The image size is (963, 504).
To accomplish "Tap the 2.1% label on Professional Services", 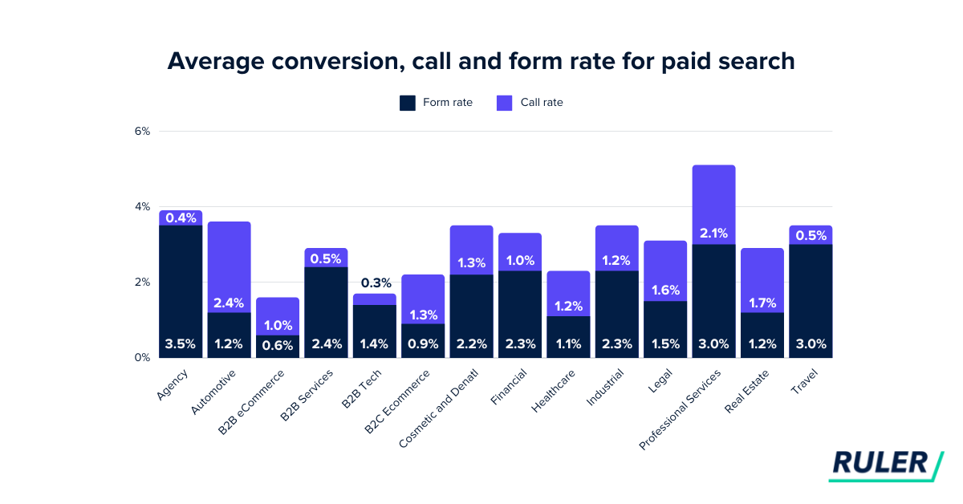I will (713, 234).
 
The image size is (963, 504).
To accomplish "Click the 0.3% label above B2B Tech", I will (374, 282).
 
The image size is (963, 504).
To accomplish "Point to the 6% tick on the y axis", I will (141, 132).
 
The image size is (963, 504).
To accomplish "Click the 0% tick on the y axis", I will (141, 358).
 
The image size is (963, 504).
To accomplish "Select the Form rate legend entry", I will (436, 103).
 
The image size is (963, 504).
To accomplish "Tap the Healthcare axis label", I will (554, 391).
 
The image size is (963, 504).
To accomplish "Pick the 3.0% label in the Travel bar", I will (811, 344).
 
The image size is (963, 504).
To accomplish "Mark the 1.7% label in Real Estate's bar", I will (762, 303).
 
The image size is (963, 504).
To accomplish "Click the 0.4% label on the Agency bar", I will (180, 218).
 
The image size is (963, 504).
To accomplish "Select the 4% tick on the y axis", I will (141, 207).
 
